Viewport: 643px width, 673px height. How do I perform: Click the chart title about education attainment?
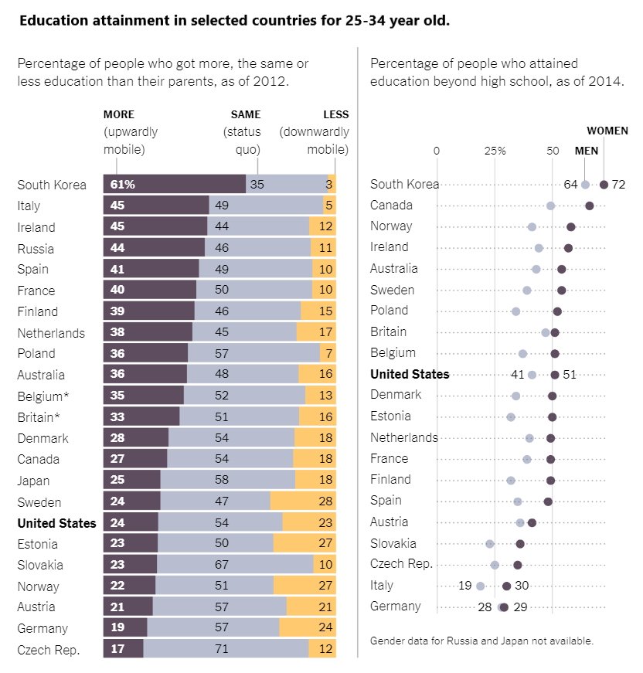[234, 20]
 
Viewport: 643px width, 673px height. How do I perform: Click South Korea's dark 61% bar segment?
[175, 184]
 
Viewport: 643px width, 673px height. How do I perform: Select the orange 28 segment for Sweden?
[303, 501]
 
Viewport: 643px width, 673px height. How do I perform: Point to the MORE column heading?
[118, 114]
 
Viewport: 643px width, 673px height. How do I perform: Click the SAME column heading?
[246, 114]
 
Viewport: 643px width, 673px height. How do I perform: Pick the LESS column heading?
[336, 114]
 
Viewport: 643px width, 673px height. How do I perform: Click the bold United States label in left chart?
[57, 523]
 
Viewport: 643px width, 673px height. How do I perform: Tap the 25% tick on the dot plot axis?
[495, 151]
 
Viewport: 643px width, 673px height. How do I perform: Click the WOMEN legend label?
[607, 131]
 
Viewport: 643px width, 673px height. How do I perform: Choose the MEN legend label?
[587, 151]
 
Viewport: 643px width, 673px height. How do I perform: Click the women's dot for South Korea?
[604, 185]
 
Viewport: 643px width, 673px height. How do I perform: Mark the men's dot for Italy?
[481, 586]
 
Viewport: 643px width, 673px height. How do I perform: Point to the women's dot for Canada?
[590, 206]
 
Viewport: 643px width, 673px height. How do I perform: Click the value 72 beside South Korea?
[618, 185]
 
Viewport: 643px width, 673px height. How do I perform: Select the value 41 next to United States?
[518, 375]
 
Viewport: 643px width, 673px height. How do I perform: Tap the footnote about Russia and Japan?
[481, 641]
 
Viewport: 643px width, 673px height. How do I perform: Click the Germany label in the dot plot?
[396, 607]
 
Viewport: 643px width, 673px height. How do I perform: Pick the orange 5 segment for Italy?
[329, 206]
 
